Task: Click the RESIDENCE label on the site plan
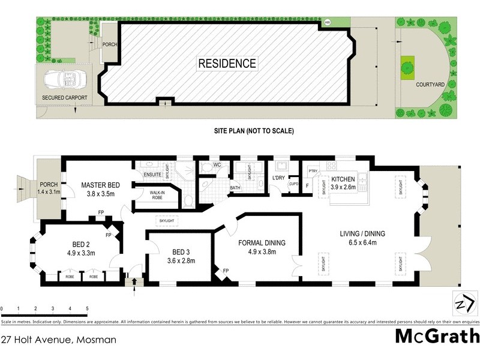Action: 227,63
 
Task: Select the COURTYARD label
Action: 430,85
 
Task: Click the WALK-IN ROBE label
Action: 157,194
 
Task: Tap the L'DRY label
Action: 278,178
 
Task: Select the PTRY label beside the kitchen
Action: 313,171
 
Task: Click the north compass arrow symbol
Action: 463,302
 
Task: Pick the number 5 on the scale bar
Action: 88,308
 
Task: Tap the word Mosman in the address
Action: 95,340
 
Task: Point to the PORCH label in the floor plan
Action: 48,184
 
